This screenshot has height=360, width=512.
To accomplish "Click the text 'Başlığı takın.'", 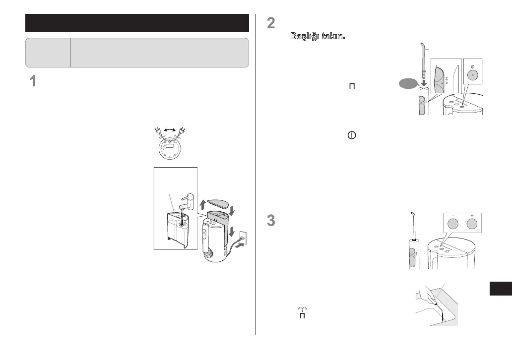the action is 317,37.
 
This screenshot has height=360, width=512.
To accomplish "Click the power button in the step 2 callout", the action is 472,72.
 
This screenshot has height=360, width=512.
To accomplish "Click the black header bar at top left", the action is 137,23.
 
